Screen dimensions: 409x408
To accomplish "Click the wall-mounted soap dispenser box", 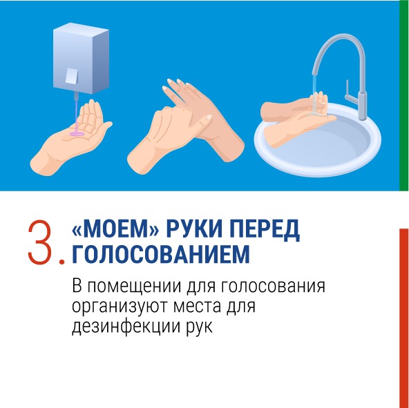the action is (x=81, y=58).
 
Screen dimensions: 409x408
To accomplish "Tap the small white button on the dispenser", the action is (x=71, y=76).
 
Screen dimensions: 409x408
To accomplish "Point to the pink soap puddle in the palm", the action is (x=77, y=134).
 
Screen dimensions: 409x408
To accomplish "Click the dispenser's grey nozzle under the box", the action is (x=76, y=97).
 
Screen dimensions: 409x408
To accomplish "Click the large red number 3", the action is (x=39, y=242).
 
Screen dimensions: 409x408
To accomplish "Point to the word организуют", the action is (x=119, y=307).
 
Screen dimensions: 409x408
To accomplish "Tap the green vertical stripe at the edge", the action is (x=404, y=95).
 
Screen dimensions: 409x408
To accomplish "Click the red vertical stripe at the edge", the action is (x=404, y=318).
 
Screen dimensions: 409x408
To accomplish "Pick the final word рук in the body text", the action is (x=200, y=327).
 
